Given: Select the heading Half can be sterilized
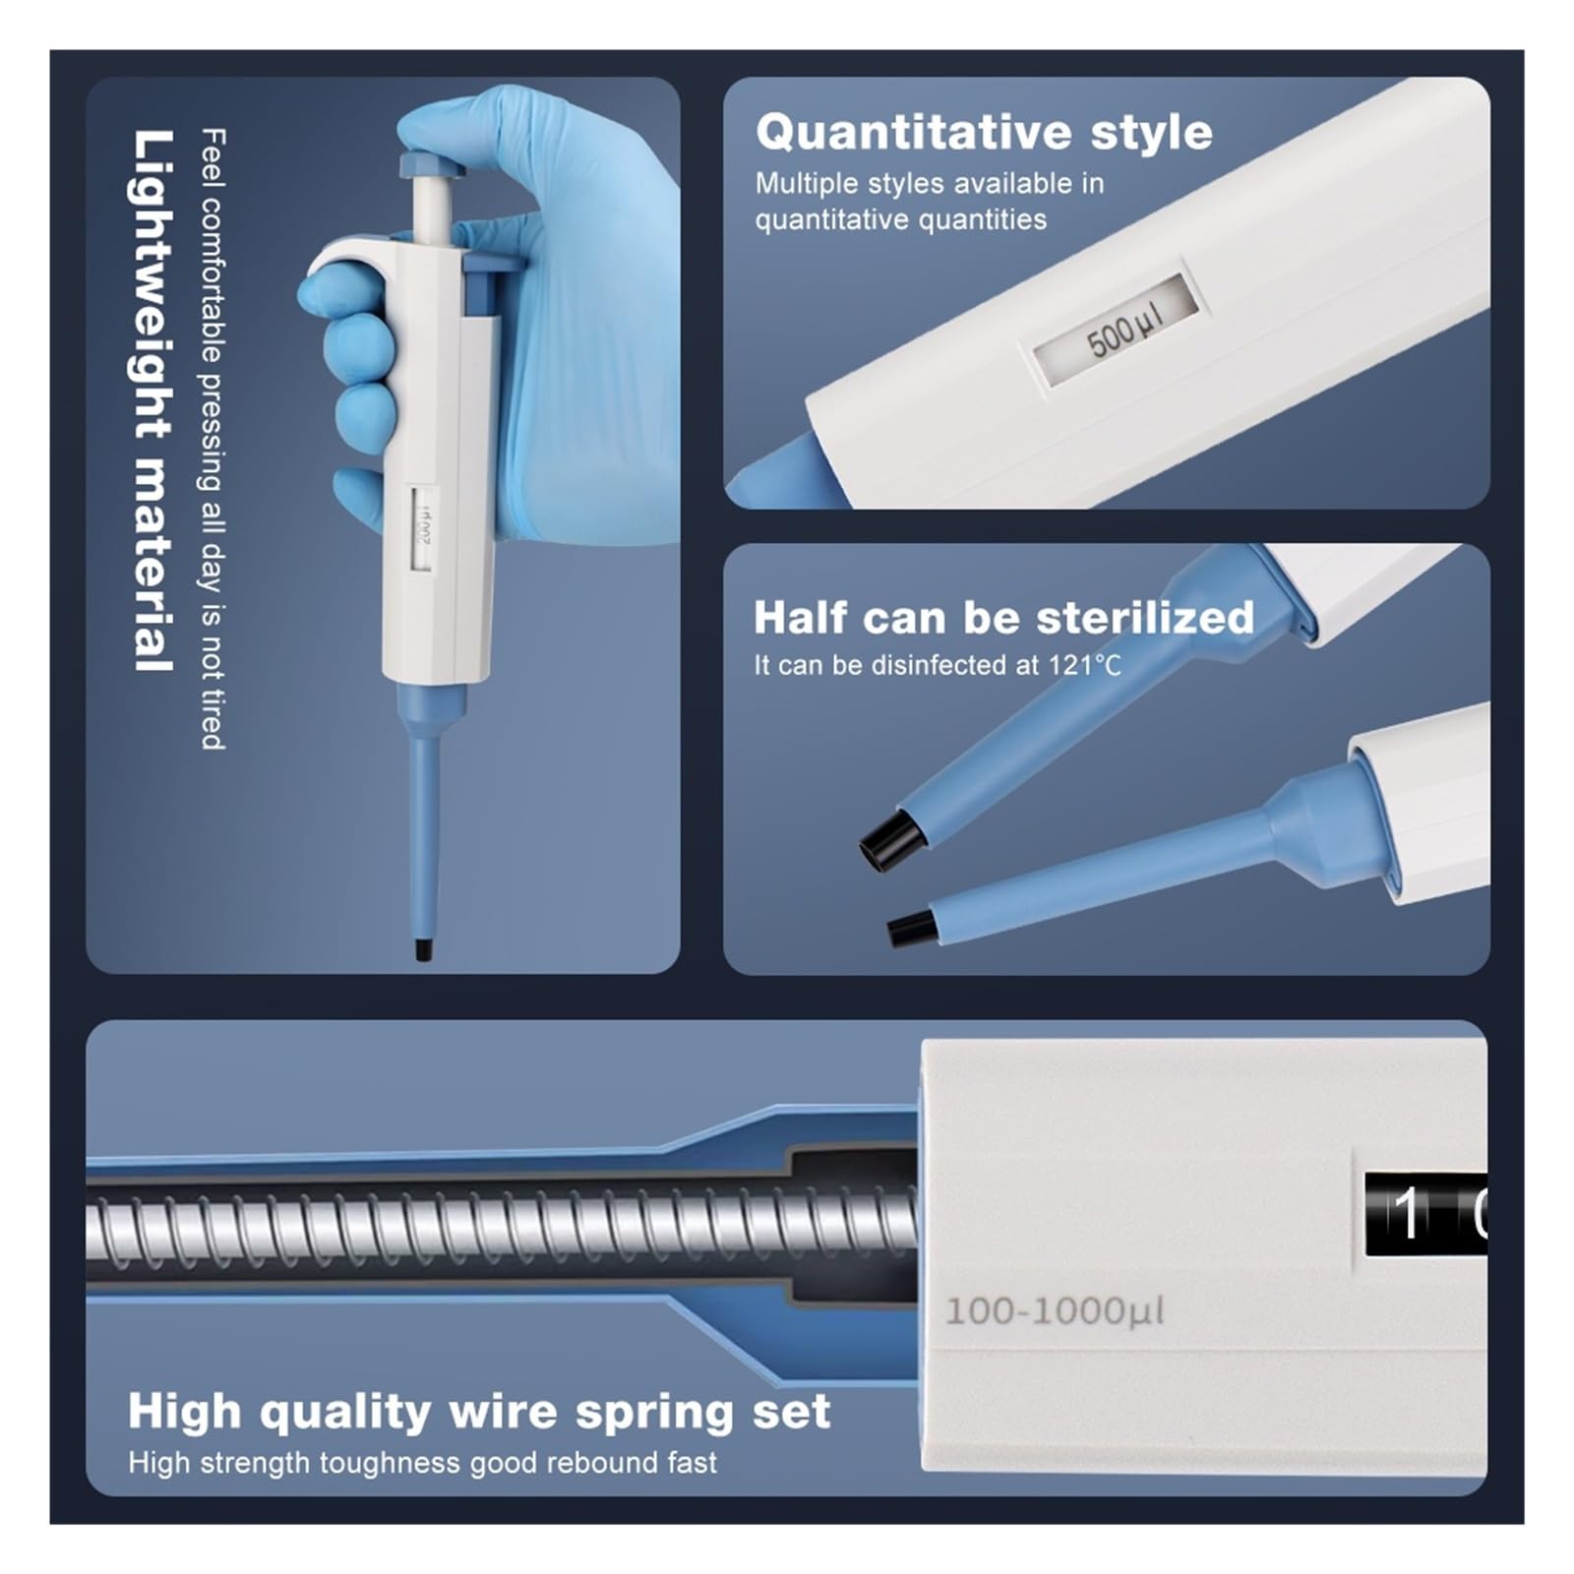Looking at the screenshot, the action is tap(1003, 617).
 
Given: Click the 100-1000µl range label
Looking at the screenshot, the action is tap(1055, 1310).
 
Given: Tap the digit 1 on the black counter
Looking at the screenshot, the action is tap(1408, 1213).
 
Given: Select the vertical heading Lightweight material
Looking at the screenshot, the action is tap(154, 400).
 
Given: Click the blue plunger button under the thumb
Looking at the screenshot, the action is tap(432, 162).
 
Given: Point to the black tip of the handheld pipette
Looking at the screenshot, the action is tap(423, 951).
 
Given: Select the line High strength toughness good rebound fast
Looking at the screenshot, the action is tap(422, 1463).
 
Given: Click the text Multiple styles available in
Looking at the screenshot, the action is tap(930, 184).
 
